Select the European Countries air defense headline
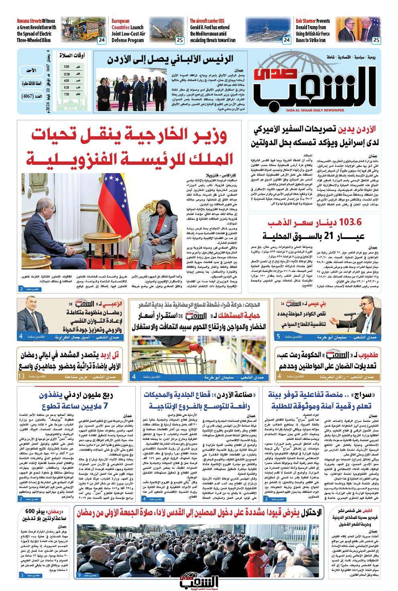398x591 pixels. tap(128, 30)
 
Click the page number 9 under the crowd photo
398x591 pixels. tap(79, 576)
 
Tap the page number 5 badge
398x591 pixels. tap(278, 336)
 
